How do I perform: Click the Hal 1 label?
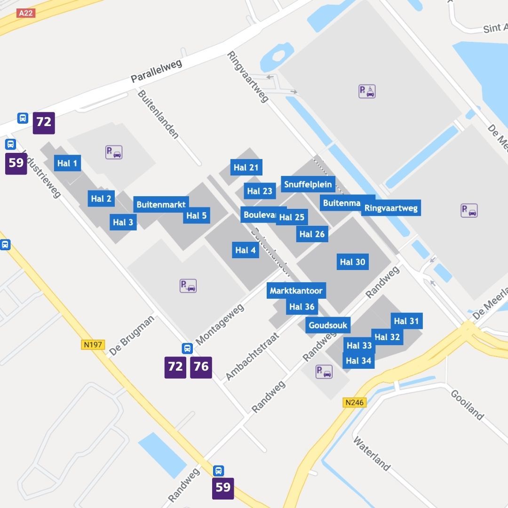pos(67,163)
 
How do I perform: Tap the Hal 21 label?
pos(246,167)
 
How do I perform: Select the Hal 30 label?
pos(352,262)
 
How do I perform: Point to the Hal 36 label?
pos(302,307)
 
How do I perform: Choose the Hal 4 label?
pos(246,250)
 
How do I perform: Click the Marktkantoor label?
pos(296,291)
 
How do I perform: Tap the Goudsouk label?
pos(328,325)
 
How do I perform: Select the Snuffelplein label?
pos(308,184)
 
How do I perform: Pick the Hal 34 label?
pos(358,361)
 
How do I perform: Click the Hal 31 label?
pos(406,321)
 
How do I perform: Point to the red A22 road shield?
pos(25,13)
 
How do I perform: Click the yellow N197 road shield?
pos(93,344)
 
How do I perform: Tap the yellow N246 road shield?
pos(355,403)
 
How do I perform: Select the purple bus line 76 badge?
pos(201,367)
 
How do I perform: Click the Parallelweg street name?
pos(156,71)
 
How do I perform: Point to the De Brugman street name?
pos(131,336)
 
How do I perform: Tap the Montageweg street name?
pos(220,324)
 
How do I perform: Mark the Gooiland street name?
pos(467,405)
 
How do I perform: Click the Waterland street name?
pos(372,454)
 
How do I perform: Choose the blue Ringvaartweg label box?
pos(391,208)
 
